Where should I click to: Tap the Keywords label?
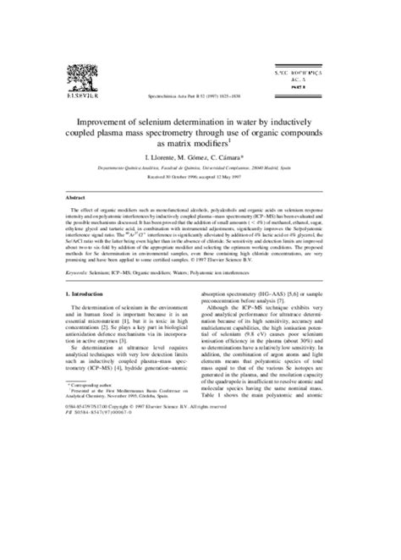(80, 273)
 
